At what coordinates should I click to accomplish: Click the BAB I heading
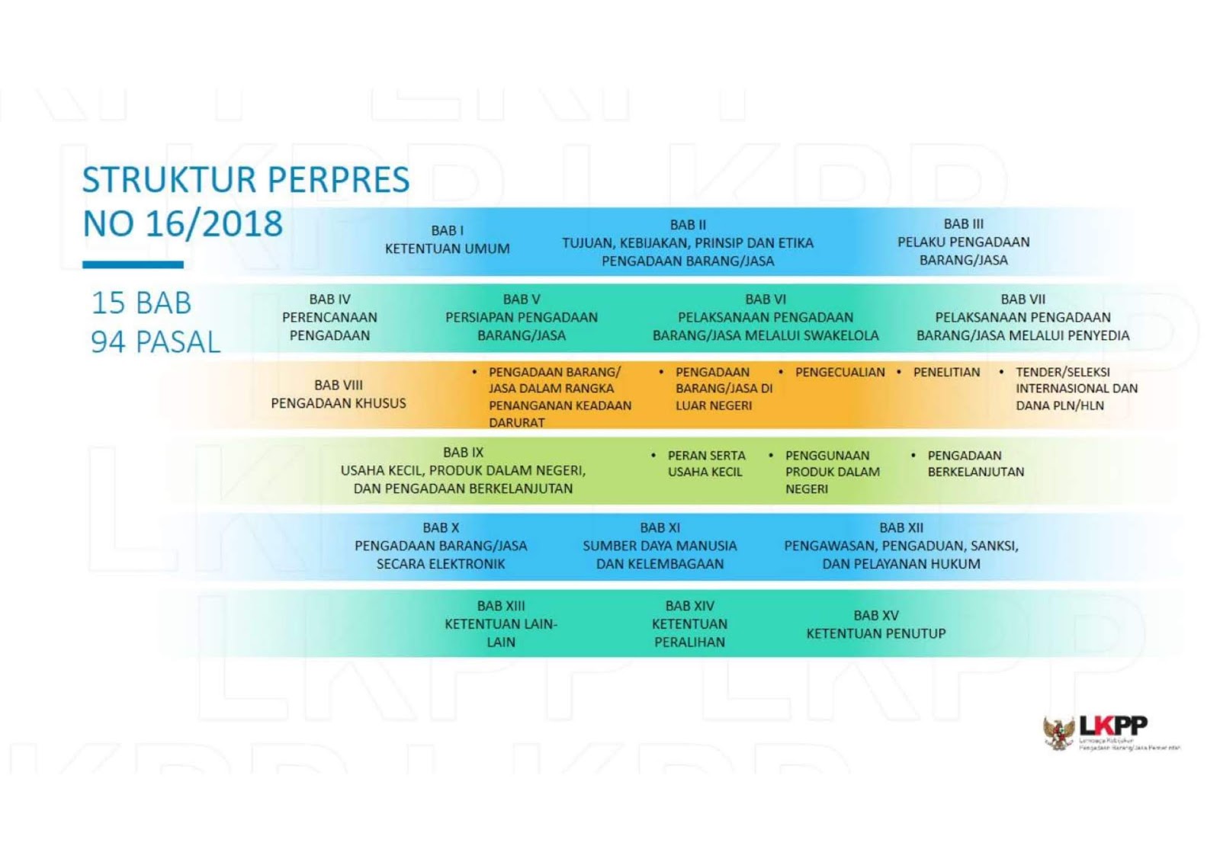click(x=447, y=230)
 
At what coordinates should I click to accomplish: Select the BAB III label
click(x=963, y=224)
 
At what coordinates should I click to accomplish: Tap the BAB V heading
click(x=522, y=300)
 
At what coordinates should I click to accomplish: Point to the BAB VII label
click(x=1023, y=300)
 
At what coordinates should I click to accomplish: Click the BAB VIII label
click(x=338, y=385)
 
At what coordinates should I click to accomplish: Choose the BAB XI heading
click(x=660, y=527)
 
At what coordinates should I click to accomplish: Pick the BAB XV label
click(x=875, y=615)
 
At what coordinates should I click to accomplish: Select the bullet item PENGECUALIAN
click(x=840, y=372)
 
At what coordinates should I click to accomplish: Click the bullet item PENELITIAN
click(x=946, y=372)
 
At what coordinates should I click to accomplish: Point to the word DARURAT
click(x=516, y=422)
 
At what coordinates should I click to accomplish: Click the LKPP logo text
click(x=1113, y=725)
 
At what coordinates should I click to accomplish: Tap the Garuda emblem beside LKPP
click(x=1058, y=733)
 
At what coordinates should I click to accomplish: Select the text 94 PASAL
click(x=156, y=342)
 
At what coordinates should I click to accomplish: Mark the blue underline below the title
click(x=133, y=264)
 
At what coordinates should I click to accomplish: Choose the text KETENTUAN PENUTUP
click(x=875, y=633)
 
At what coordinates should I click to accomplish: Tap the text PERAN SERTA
click(x=706, y=455)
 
